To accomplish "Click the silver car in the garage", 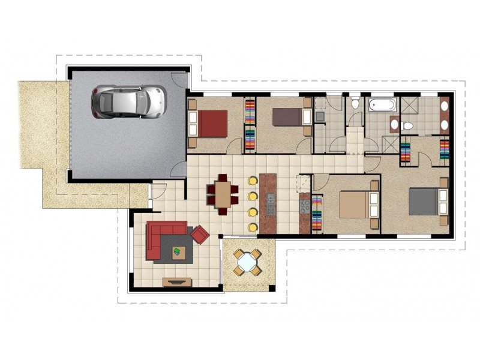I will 128,101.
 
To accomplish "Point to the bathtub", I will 382,106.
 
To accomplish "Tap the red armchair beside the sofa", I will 200,234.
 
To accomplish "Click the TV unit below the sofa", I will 178,281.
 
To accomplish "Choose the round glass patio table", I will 247,261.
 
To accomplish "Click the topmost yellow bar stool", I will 252,180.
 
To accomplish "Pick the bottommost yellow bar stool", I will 253,227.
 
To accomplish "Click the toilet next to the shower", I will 408,125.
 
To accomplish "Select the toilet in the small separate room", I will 355,104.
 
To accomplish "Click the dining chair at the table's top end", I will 223,178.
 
